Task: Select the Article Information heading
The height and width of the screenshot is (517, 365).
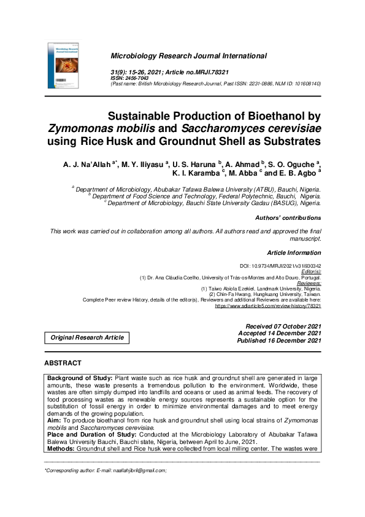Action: (x=294, y=253)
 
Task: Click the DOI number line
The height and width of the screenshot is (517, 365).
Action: (x=280, y=265)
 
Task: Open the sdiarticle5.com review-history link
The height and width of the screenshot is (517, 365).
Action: (x=267, y=305)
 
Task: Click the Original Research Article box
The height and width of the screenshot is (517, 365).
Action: (x=87, y=337)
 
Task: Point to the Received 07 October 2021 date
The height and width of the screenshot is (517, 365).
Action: (x=283, y=326)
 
